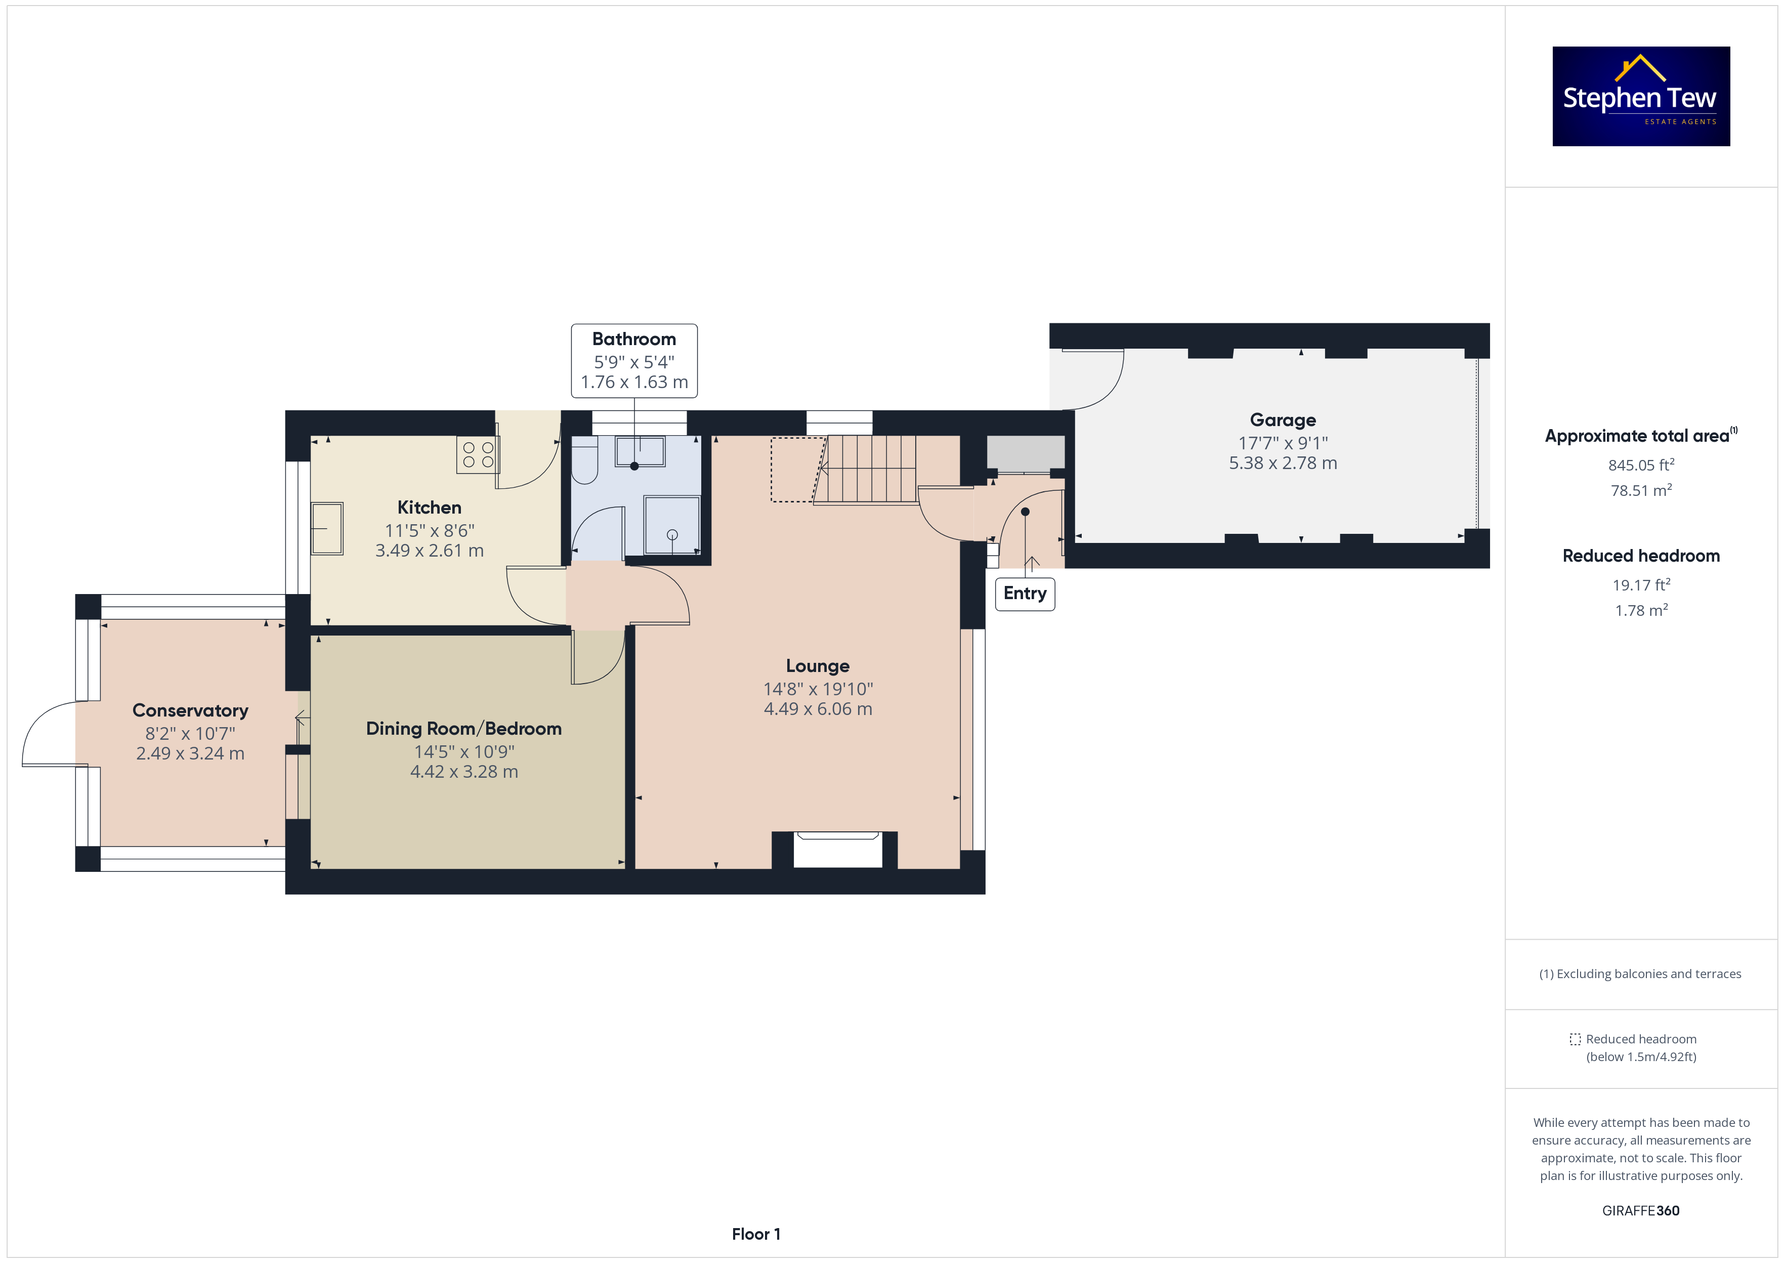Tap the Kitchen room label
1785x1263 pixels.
pyautogui.click(x=429, y=507)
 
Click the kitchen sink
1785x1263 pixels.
pyautogui.click(x=327, y=528)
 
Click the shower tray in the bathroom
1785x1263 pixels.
pyautogui.click(x=672, y=526)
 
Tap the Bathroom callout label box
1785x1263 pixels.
pyautogui.click(x=634, y=361)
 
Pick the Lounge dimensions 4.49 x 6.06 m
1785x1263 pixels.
pyautogui.click(x=818, y=709)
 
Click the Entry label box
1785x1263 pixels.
pyautogui.click(x=1025, y=594)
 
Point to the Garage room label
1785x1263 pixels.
pyautogui.click(x=1283, y=420)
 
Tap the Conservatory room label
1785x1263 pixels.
pyautogui.click(x=190, y=711)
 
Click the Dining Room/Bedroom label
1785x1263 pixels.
pyautogui.click(x=463, y=729)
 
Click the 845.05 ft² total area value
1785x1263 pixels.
pyautogui.click(x=1641, y=465)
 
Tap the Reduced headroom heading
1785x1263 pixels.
pyautogui.click(x=1641, y=556)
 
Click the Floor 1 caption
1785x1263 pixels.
pyautogui.click(x=756, y=1234)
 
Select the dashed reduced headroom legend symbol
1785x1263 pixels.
pyautogui.click(x=1575, y=1039)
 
